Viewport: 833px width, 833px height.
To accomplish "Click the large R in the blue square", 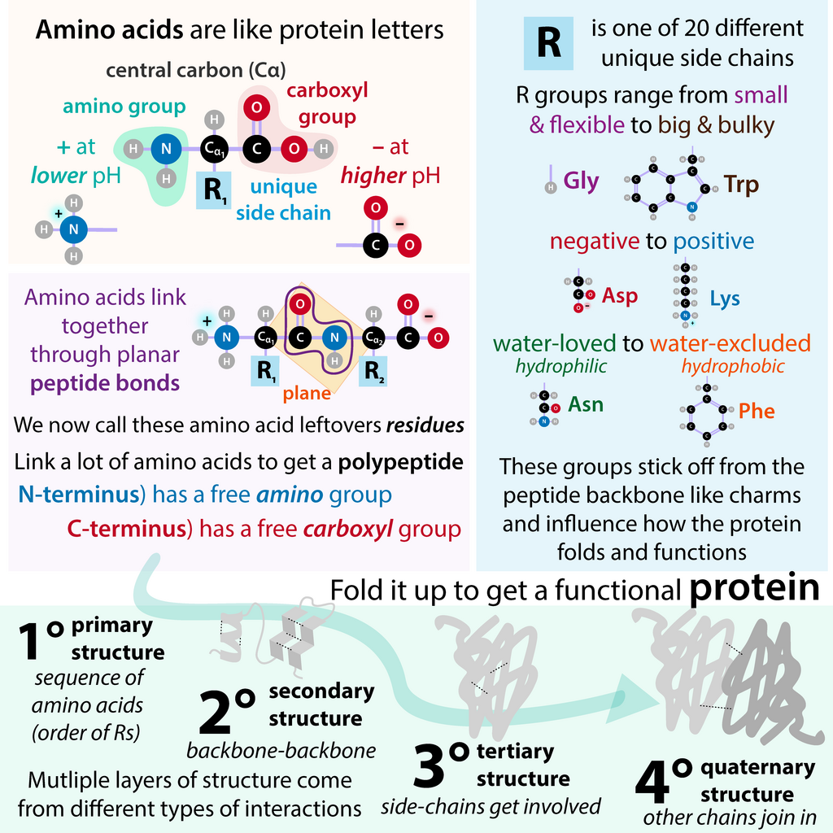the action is click(x=549, y=42).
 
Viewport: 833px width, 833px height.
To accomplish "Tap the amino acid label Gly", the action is click(x=581, y=181).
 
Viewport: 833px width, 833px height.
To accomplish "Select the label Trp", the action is click(x=742, y=185).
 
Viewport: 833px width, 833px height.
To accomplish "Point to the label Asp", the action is click(x=619, y=296).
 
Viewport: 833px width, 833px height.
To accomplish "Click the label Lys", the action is click(x=725, y=299).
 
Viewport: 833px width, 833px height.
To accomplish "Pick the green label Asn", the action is click(x=586, y=404).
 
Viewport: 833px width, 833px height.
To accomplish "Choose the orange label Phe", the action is click(x=757, y=411).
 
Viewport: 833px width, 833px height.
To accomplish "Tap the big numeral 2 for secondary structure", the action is click(x=216, y=712).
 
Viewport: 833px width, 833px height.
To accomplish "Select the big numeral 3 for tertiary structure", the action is click(x=430, y=765).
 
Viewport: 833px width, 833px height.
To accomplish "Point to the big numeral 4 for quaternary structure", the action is click(x=652, y=782).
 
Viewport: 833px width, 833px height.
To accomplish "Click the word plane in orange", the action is click(x=307, y=393).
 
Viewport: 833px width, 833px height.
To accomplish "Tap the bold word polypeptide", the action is click(x=400, y=462).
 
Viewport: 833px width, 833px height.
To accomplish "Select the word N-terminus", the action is click(x=79, y=495).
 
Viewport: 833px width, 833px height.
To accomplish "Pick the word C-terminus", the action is click(x=126, y=529).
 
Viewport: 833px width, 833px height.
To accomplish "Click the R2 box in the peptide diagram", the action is click(x=373, y=371).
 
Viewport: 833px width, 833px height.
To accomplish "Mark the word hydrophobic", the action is click(x=733, y=367).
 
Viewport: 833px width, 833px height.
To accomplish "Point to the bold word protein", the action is click(x=754, y=588).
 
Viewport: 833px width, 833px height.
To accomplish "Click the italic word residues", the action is click(x=425, y=425).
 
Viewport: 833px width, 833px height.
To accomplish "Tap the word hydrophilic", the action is click(x=561, y=367).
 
